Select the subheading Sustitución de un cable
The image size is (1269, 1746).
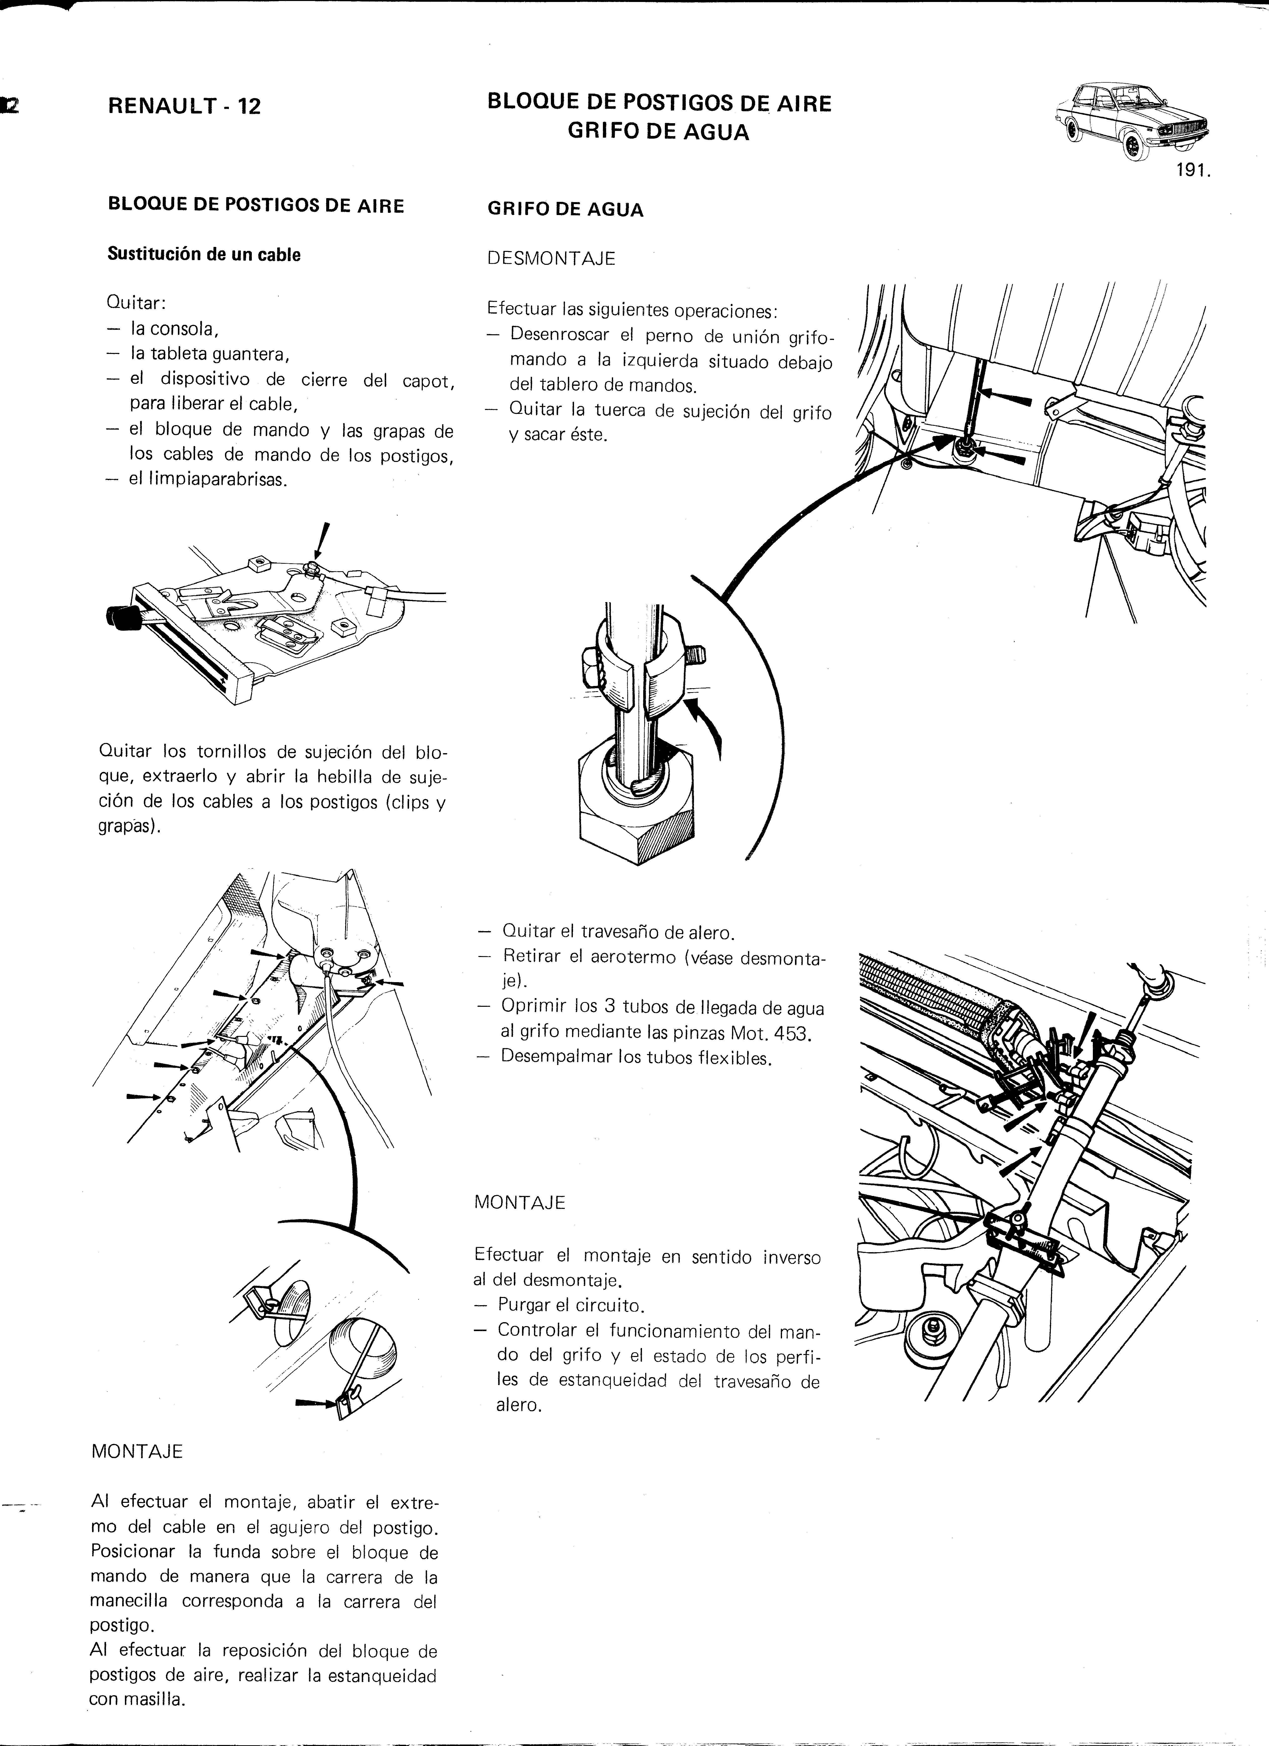tap(204, 255)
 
